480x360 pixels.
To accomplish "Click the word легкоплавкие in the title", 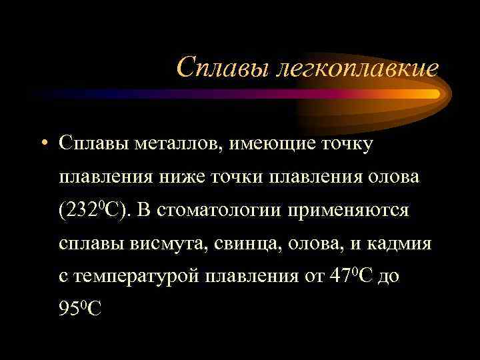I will pyautogui.click(x=356, y=68).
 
